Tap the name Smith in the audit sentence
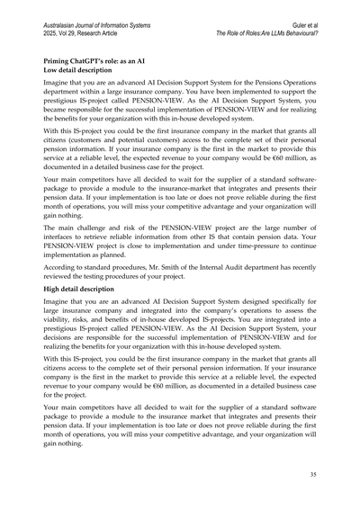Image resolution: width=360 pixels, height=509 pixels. (x=185, y=267)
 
